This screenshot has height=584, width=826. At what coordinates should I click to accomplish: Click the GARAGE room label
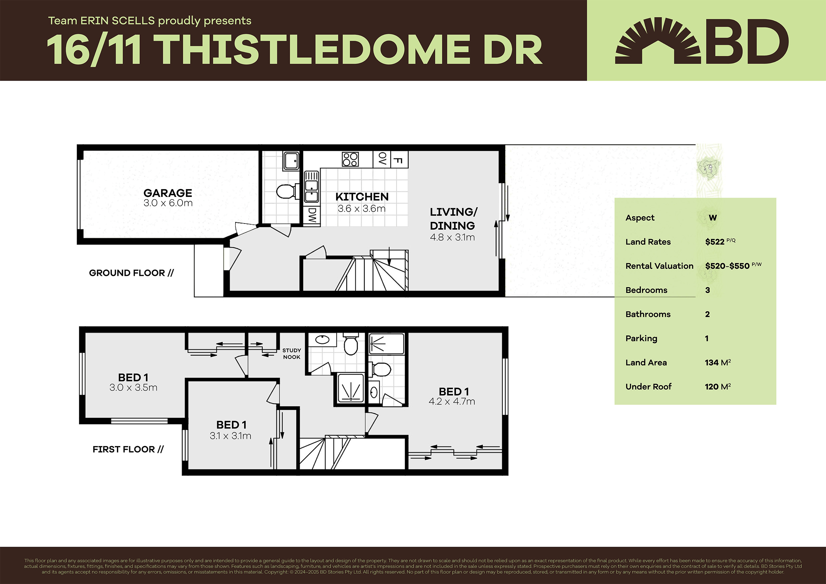168,193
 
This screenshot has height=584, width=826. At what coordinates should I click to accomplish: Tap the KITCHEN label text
362,197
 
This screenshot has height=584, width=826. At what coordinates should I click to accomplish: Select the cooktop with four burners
350,159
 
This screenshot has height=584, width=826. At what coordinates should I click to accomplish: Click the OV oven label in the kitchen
382,159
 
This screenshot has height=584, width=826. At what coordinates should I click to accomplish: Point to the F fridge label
398,160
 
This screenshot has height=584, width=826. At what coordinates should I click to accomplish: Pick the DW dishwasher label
312,215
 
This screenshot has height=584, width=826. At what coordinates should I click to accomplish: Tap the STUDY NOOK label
291,353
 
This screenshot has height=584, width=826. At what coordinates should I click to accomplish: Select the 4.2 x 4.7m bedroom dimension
452,401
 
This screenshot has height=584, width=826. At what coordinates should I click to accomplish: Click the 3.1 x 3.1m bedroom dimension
230,436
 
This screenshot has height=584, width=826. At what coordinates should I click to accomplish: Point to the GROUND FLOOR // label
131,273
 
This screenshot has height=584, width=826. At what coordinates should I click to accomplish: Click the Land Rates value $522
714,242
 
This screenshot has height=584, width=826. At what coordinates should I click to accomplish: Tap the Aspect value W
713,218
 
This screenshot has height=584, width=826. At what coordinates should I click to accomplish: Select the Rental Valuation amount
727,266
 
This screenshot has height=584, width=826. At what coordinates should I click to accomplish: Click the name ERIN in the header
94,21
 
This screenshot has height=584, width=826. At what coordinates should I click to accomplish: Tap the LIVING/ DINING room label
453,219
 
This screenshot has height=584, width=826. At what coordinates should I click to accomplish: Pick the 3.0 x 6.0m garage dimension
168,203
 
